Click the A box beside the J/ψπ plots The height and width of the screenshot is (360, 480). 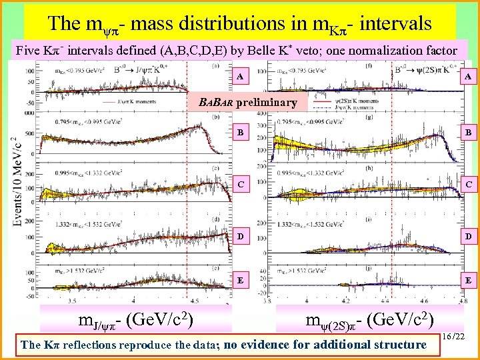(240, 77)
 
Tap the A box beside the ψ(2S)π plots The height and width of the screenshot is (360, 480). (468, 77)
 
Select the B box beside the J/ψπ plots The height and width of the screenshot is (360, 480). (240, 133)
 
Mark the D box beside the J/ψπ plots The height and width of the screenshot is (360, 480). (240, 236)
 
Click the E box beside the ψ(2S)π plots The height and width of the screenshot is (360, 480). (468, 281)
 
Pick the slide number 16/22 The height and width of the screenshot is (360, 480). (457, 339)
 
